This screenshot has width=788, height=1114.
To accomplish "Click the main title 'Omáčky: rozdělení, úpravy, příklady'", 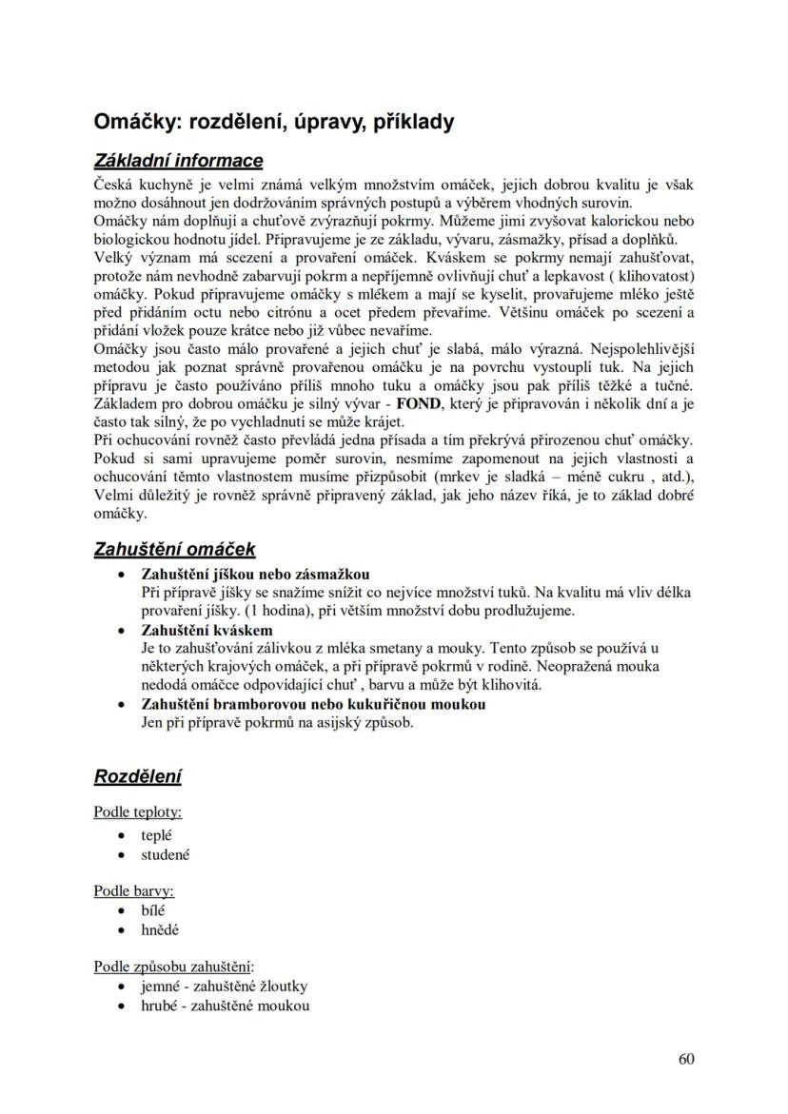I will point(273,123).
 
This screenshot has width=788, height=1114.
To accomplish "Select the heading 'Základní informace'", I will point(178,161).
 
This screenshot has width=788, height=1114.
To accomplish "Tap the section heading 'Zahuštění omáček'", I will point(174,549).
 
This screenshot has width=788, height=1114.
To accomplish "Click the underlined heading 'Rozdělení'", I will point(137,776).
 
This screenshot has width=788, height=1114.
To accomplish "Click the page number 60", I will point(686,1059).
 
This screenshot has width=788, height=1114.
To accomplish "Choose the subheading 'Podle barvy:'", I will point(133,890).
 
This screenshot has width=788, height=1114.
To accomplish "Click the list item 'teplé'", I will point(156,834).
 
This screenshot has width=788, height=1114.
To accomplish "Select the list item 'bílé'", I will point(153,910).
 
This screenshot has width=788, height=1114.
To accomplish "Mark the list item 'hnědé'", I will point(159,930).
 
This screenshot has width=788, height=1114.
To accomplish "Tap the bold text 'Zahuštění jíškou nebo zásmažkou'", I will point(255,574).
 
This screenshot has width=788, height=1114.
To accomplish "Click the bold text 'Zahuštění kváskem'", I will point(207,630).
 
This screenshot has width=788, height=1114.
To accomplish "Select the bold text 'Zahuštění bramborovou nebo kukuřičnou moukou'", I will point(313,704).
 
